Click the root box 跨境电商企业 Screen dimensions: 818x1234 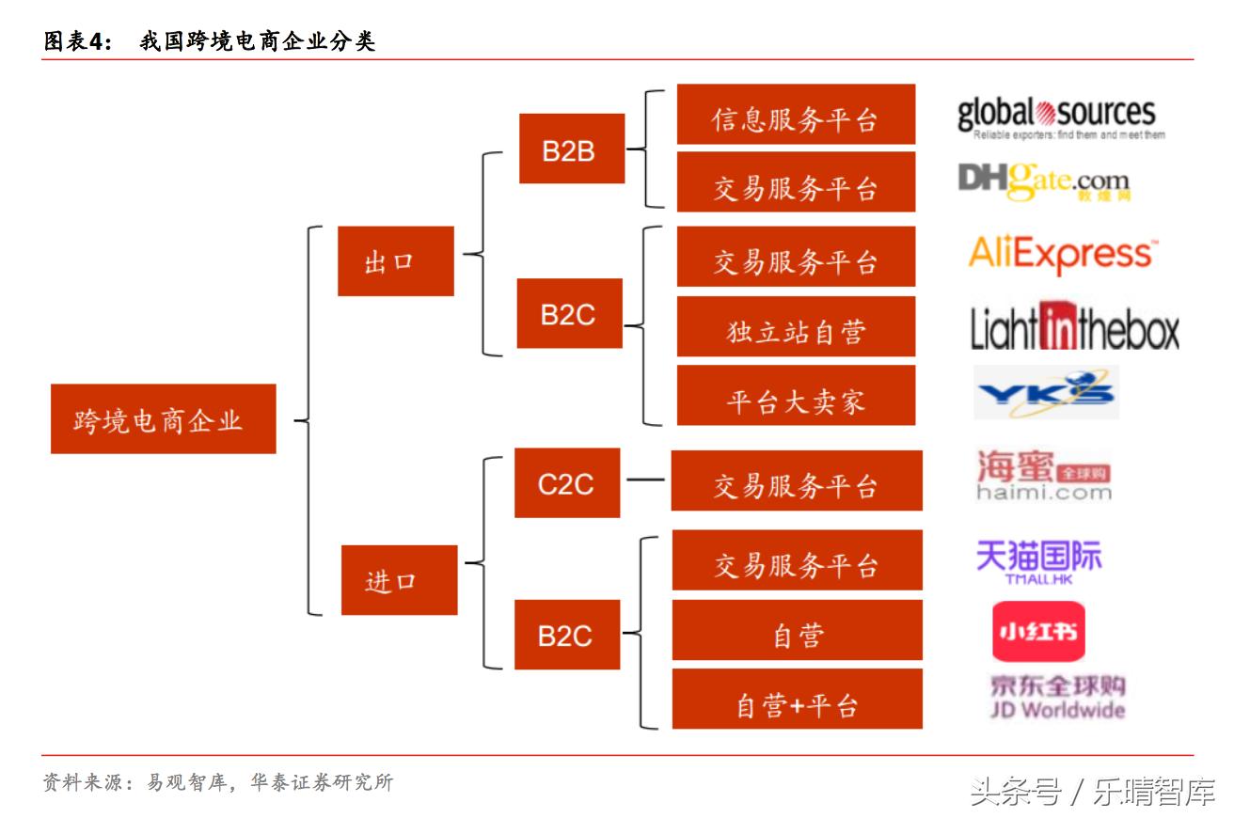pos(163,419)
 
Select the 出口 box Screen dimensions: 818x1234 pos(396,261)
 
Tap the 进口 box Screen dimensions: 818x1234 pos(399,580)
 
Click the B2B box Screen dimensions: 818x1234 pos(572,149)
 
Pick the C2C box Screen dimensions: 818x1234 pos(567,483)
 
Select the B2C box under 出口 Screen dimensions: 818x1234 pos(569,313)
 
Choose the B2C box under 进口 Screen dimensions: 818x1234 pos(566,635)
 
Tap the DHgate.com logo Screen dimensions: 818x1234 pos(1044,181)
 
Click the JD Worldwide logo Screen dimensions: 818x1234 pos(1056,698)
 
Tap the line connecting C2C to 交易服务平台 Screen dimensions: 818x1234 pos(645,481)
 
